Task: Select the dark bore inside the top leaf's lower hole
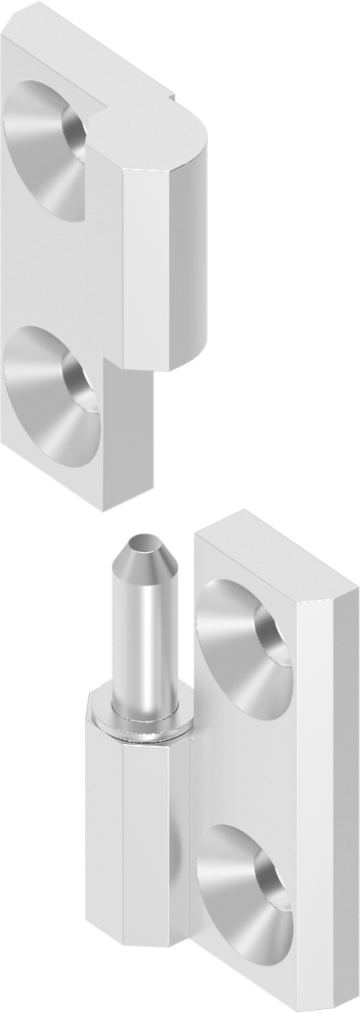click(x=79, y=381)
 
